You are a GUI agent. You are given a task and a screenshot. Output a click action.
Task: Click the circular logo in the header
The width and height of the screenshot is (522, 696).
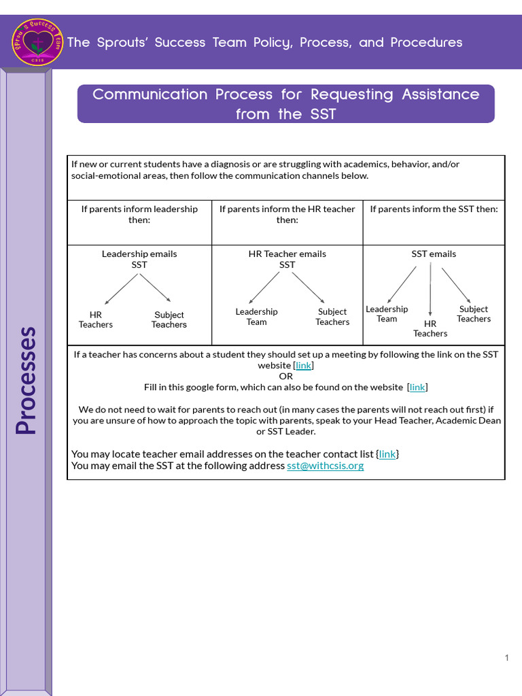pos(37,42)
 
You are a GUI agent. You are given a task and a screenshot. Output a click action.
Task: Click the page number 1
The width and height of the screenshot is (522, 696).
pos(507,657)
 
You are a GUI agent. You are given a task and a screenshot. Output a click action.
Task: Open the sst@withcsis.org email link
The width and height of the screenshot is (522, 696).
pos(325,466)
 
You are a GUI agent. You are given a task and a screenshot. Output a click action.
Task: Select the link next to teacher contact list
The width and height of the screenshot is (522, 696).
pos(387,454)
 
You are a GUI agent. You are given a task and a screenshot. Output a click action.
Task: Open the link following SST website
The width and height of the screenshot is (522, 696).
pos(303,365)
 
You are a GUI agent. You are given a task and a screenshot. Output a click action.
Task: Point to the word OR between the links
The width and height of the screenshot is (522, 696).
pos(286,376)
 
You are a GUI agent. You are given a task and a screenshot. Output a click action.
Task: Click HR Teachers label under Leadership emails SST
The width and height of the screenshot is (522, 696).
pos(96,319)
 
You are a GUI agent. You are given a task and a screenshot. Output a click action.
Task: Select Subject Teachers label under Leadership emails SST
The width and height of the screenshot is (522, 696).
pos(169,319)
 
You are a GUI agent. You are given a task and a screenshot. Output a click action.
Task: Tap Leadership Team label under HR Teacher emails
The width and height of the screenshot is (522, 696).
pos(256,317)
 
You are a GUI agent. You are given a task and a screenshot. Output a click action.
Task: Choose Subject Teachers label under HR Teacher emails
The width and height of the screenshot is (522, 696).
pos(332,317)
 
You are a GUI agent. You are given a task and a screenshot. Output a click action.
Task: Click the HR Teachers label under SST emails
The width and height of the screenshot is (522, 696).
pos(430,328)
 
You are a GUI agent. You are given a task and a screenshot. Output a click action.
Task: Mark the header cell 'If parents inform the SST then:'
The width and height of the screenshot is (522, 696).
pos(434,209)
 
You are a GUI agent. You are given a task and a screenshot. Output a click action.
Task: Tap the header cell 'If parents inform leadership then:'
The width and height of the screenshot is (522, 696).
pos(139,214)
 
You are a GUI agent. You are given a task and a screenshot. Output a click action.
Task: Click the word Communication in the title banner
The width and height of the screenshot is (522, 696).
pos(150,94)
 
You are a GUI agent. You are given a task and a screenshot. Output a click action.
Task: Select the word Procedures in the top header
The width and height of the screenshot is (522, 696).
pos(426,42)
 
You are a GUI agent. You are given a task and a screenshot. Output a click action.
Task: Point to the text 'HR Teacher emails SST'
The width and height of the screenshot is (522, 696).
pos(287,259)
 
